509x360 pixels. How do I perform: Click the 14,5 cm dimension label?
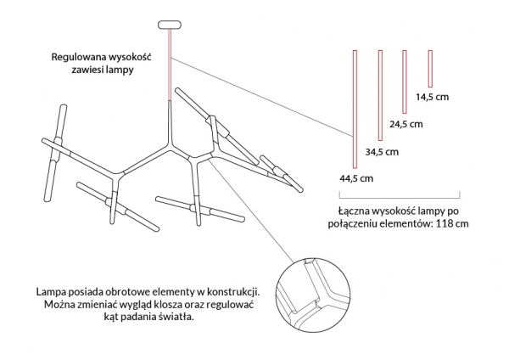tap(433, 97)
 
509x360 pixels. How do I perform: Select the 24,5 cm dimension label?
tap(406, 124)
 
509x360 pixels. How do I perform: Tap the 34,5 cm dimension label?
tap(382, 152)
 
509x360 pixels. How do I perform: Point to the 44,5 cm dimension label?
tap(356, 178)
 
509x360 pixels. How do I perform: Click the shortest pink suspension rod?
tap(430, 69)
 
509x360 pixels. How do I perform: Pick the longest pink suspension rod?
tap(355, 110)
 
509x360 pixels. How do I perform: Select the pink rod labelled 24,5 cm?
tap(405, 82)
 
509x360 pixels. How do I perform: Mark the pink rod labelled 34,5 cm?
tap(380, 95)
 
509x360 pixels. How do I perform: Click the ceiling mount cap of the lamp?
tap(170, 25)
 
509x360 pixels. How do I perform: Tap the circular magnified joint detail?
tap(313, 295)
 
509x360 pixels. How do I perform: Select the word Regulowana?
tap(79, 57)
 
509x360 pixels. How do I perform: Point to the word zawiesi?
tap(87, 70)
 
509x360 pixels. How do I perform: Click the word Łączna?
tap(354, 211)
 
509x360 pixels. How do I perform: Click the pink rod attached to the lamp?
tap(170, 65)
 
